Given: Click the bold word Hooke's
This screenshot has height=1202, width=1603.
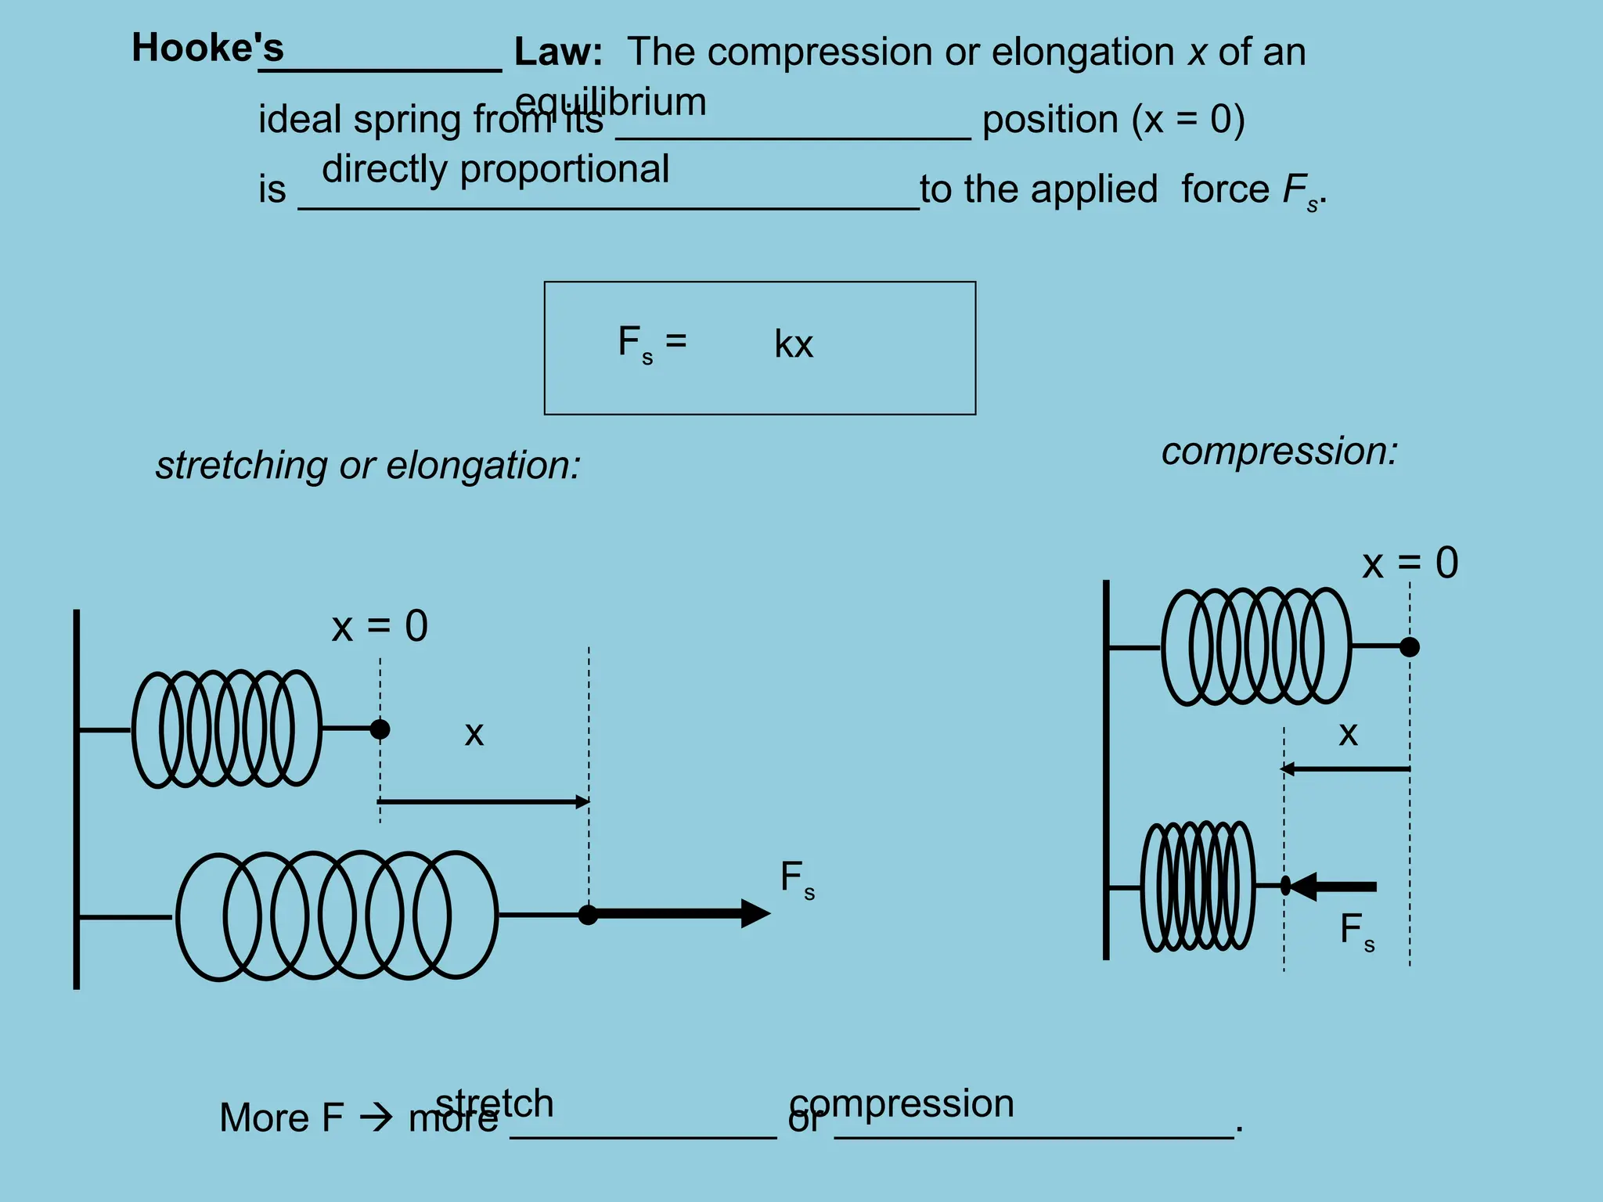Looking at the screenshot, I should click(207, 48).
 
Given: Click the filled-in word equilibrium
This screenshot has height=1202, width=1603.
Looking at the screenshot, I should click(611, 103).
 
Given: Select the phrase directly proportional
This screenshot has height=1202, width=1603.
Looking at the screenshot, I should click(495, 169).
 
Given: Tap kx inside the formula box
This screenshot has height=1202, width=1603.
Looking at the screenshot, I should click(794, 344).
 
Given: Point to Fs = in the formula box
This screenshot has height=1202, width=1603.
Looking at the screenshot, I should click(651, 343).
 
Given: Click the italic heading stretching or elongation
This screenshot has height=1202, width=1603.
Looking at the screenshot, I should click(368, 465).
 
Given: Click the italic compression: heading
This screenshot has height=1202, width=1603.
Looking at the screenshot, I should click(1279, 452).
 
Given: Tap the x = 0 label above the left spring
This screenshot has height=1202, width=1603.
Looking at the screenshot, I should click(380, 626).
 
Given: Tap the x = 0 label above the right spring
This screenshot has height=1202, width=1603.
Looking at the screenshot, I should click(1410, 563).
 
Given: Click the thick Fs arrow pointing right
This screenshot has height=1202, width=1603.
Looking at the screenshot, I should click(681, 913).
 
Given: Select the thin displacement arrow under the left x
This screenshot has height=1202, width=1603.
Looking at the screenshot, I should click(483, 801).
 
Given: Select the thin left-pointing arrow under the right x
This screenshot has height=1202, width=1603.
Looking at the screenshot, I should click(1345, 769).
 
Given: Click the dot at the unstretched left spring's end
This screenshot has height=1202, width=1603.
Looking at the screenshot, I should click(380, 729).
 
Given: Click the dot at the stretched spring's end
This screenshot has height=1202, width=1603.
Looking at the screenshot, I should click(588, 914).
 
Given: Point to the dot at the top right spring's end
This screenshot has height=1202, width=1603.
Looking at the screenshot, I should click(1409, 647).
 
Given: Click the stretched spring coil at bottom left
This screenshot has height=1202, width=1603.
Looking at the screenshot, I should click(337, 916).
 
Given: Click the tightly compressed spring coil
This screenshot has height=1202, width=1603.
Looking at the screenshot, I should click(1198, 886).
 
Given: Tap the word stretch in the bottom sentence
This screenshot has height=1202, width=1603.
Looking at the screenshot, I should click(495, 1103).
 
